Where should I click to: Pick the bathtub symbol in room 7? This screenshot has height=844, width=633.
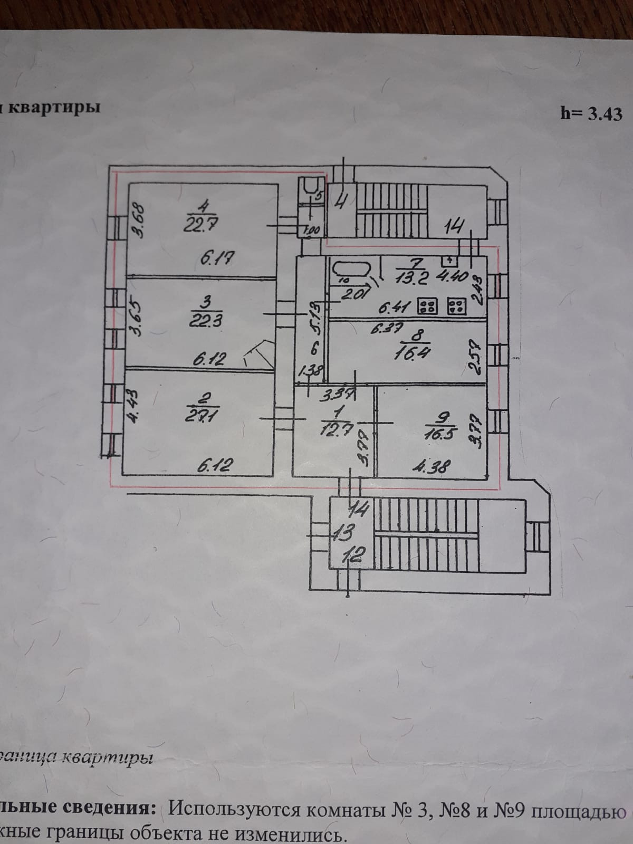[351, 271]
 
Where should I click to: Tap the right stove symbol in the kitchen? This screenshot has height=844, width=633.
[456, 306]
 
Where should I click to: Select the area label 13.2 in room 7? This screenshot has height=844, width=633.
[413, 277]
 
